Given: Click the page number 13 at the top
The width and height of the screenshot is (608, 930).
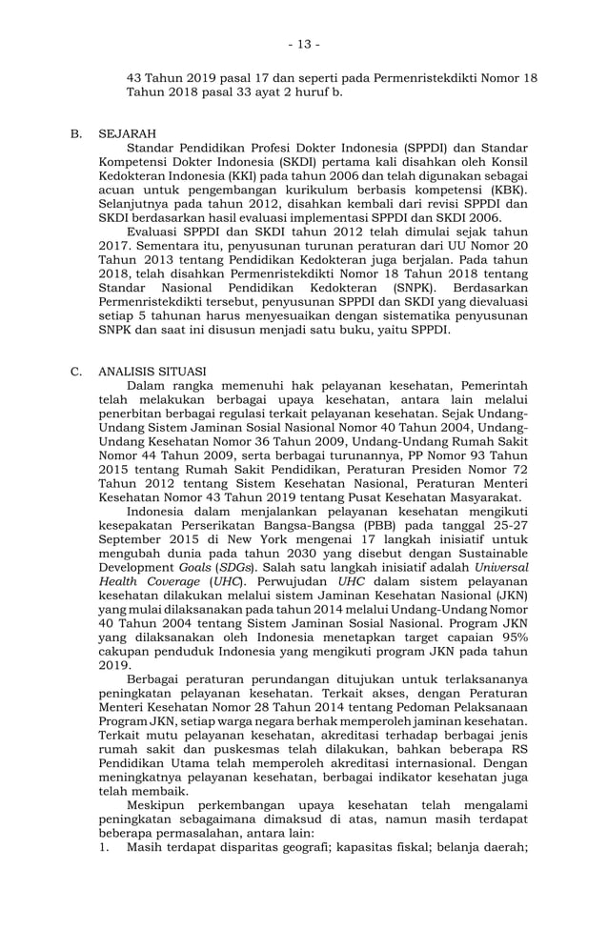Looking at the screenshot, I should (305, 44).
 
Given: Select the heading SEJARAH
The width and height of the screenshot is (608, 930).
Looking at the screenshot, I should (128, 133).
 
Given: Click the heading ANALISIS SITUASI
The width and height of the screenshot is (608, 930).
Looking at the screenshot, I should (152, 372).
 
